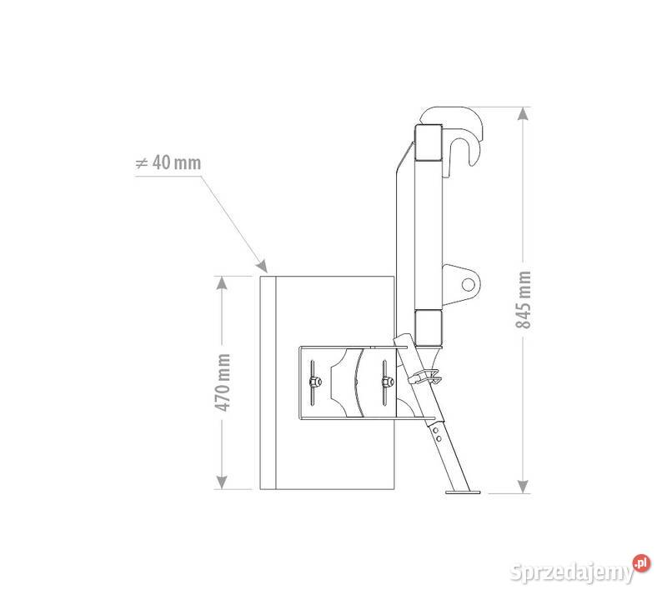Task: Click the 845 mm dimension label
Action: pos(524,299)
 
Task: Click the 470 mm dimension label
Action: pos(222,382)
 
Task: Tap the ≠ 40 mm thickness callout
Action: pos(168,162)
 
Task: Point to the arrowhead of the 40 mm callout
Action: pos(262,266)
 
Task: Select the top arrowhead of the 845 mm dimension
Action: pos(524,113)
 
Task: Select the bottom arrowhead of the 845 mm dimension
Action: pos(524,487)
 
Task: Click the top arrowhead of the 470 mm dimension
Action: pos(222,282)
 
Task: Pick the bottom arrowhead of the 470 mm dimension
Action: pos(222,482)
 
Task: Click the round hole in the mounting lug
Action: pos(468,284)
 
